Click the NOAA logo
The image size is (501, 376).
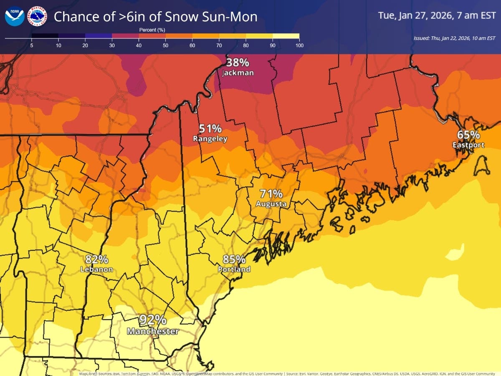coord(15,16)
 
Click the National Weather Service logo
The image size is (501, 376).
coord(37,16)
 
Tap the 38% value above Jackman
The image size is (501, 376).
coord(238,63)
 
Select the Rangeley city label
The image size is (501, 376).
coord(210,139)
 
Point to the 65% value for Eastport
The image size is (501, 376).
coord(468,135)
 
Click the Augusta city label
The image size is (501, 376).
coord(271,204)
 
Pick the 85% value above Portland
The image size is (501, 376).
coord(234,259)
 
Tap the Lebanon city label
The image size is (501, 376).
coord(96,269)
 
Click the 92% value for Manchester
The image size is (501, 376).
coord(153,320)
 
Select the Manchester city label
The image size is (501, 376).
coord(153,331)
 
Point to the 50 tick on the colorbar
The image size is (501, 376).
coord(165,45)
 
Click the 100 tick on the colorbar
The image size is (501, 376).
coord(299,45)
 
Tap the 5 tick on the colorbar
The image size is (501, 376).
coord(32,45)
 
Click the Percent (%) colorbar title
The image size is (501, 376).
coord(152,30)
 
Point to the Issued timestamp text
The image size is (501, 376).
coord(454,38)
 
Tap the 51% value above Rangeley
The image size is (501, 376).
coord(210,129)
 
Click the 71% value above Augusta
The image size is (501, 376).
coord(271,194)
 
